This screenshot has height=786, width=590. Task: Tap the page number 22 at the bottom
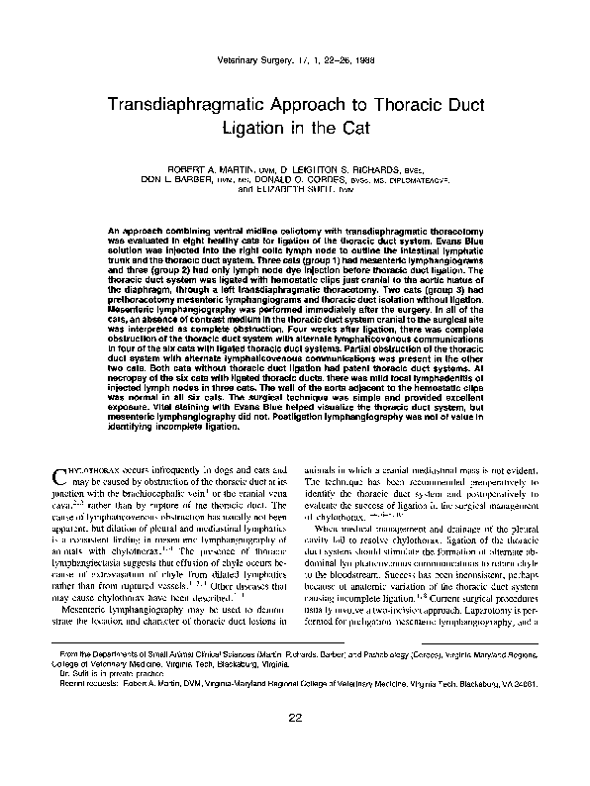pos(295,745)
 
